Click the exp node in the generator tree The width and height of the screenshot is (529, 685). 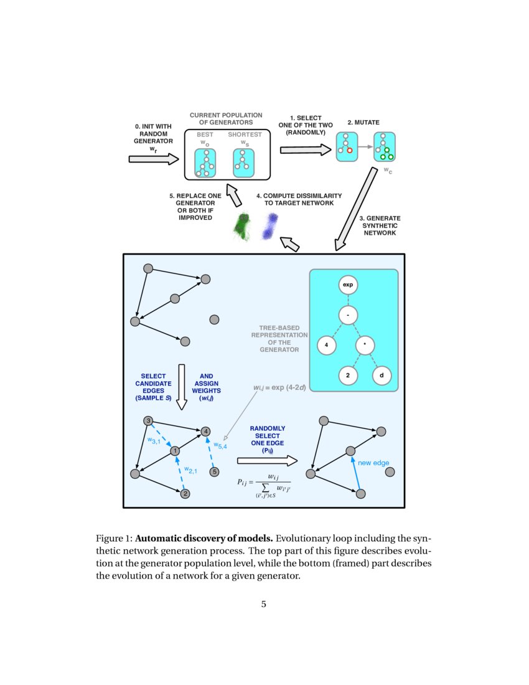(348, 285)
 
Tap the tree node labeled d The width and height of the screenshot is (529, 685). (382, 376)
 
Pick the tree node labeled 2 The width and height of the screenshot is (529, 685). (348, 376)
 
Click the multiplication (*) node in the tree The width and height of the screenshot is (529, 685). (365, 344)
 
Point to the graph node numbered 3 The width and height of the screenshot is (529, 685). (148, 420)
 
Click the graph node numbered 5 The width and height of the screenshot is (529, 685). (215, 472)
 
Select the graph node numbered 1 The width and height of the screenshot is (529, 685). (176, 450)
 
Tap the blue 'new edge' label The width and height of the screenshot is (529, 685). (373, 463)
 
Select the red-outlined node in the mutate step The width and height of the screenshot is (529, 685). (350, 150)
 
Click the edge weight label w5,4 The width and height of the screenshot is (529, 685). (220, 445)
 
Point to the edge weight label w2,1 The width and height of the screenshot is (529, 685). (190, 470)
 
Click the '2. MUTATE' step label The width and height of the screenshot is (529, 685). (363, 123)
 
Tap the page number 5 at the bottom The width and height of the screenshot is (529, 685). (264, 603)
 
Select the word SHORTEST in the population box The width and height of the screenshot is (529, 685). (245, 134)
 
